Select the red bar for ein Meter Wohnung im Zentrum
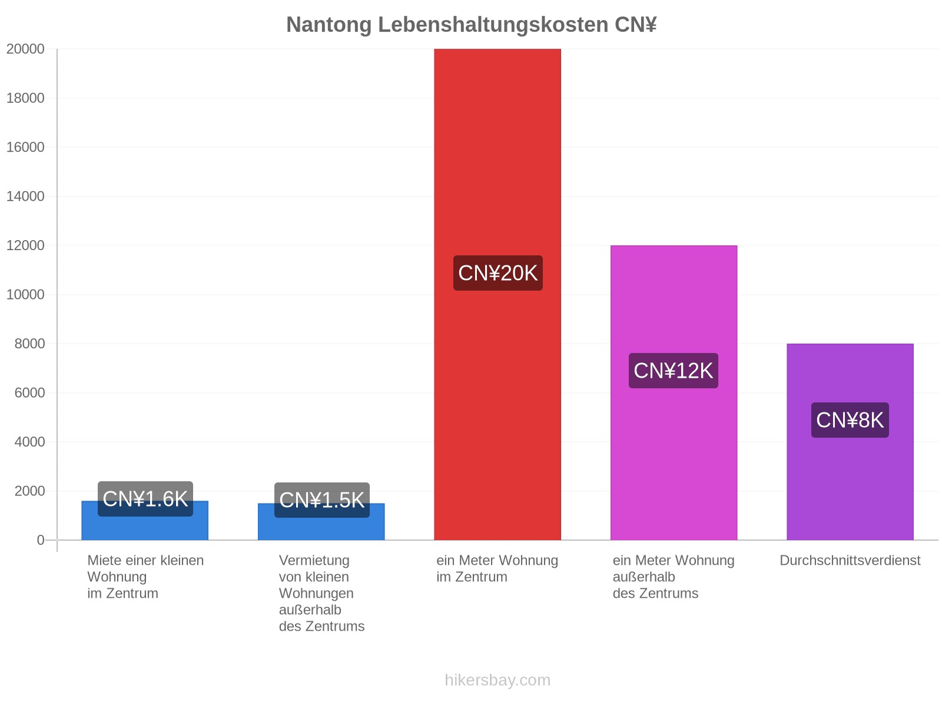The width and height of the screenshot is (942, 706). [497, 294]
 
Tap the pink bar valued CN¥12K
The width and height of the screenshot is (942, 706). [674, 392]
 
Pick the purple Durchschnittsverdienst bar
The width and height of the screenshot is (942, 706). [850, 441]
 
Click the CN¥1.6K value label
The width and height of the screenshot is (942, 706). [145, 498]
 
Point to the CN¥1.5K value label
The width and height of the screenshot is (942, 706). [321, 500]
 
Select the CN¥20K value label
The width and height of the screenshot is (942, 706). [497, 272]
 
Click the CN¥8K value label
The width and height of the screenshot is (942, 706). [850, 419]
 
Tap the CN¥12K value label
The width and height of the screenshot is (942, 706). [673, 371]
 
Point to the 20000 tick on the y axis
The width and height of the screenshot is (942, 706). [25, 49]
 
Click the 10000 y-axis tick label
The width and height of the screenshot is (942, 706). [25, 295]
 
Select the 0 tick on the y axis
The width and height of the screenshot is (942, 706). [41, 540]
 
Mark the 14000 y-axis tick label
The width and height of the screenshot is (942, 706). [25, 197]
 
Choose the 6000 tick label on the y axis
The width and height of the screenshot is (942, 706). [29, 392]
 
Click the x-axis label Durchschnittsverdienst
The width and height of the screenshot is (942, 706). [850, 560]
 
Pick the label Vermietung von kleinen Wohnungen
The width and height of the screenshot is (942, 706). [316, 577]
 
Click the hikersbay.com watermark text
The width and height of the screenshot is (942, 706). [497, 680]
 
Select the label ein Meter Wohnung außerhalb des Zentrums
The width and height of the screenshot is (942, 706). [674, 577]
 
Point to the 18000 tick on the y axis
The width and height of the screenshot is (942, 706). [25, 98]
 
